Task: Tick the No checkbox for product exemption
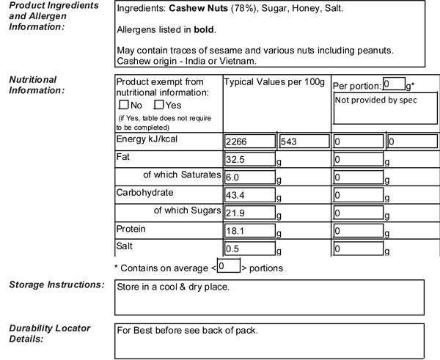(123, 105)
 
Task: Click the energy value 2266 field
(249, 141)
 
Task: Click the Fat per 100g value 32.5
(249, 159)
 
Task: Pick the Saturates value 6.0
(249, 177)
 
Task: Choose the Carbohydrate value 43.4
(249, 195)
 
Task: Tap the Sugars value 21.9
(249, 213)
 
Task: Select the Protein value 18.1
(249, 231)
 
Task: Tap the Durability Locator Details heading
(49, 334)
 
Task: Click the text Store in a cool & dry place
(174, 287)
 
